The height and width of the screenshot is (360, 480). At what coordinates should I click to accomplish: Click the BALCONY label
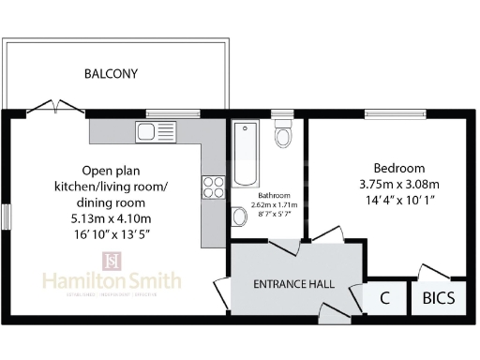coord(111,73)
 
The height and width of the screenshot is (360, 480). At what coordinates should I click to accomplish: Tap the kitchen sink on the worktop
coord(149,130)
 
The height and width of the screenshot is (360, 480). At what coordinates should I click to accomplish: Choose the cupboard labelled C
coord(384,300)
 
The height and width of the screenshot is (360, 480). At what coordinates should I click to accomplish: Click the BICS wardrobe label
coord(439,300)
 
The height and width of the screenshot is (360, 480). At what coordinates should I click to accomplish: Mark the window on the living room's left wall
coord(5,217)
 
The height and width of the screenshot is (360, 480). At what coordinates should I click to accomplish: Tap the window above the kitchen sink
coord(173,113)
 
